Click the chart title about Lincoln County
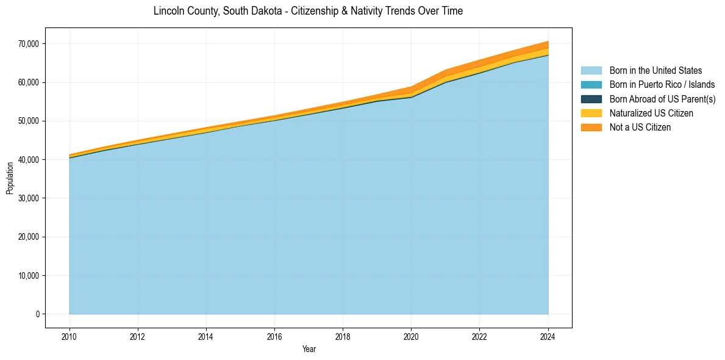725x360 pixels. point(308,11)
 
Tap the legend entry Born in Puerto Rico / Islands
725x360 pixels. point(662,85)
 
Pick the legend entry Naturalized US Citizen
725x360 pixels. point(651,113)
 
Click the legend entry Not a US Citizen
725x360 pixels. point(640,127)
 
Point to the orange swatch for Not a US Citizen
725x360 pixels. point(591,127)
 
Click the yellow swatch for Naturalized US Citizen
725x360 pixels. point(591,113)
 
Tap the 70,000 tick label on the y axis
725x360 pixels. point(29,44)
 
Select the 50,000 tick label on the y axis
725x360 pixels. point(29,121)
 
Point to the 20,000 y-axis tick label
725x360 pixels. point(29,237)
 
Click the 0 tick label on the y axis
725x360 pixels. point(37,314)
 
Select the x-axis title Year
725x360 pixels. point(309,349)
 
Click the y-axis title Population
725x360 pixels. point(10,178)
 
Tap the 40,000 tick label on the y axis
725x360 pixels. point(29,159)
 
